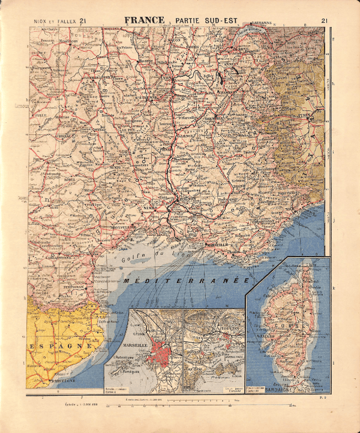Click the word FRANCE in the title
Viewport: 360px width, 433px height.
pos(145,20)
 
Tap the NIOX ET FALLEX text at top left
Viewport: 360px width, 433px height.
pos(52,21)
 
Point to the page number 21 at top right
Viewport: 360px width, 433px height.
pos(325,21)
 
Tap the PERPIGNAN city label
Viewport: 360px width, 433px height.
pos(77,287)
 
